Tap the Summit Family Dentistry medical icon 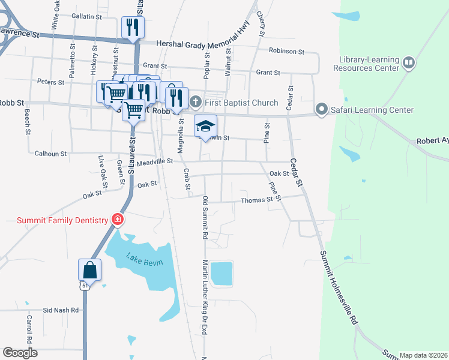[x=118, y=220]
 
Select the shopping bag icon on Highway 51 [x=90, y=269]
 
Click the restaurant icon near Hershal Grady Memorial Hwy [x=133, y=27]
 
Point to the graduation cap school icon [x=205, y=126]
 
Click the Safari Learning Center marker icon [x=322, y=110]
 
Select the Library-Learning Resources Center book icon [x=409, y=62]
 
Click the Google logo [x=20, y=353]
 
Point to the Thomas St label [x=256, y=200]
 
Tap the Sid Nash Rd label [x=61, y=310]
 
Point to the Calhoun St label [x=50, y=154]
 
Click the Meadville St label [x=155, y=161]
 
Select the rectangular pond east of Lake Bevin [x=221, y=273]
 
